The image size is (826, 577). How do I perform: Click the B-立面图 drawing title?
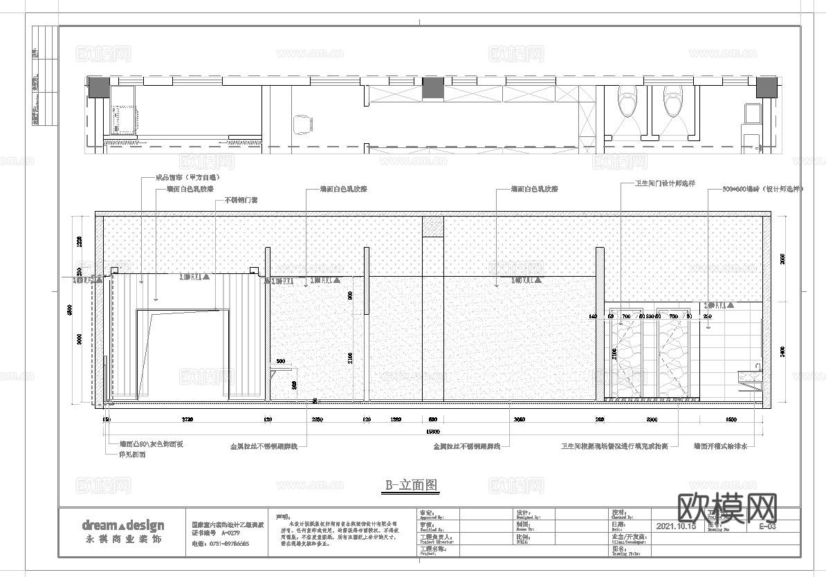click(412, 485)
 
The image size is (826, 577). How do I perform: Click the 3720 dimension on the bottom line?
click(187, 420)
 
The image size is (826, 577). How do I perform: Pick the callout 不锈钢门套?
click(241, 201)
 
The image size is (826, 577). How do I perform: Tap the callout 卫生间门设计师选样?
click(665, 184)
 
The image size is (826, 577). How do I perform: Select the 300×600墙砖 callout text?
click(763, 188)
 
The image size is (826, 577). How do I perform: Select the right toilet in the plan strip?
click(672, 102)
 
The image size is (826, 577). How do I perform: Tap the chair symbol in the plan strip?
click(302, 124)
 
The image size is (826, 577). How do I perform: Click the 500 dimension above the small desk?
click(280, 362)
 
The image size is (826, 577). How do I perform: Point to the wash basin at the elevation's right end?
click(749, 375)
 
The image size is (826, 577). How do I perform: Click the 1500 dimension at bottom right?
click(731, 420)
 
